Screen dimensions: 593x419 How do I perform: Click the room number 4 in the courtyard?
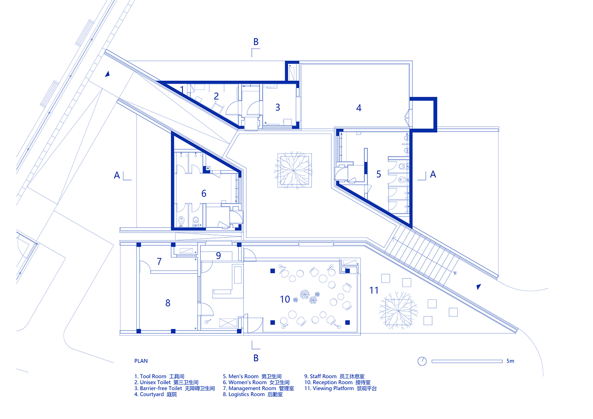(359, 108)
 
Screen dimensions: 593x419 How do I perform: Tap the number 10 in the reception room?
(285, 299)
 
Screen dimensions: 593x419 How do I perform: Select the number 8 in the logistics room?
(168, 303)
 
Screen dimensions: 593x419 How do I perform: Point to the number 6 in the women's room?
(204, 194)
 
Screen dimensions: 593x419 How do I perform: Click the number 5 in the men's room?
(379, 174)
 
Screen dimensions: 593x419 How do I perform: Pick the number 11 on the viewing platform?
(374, 290)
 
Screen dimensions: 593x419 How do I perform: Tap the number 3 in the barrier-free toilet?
(278, 107)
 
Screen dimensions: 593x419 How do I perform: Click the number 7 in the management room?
(159, 261)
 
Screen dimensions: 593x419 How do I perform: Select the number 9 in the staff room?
(218, 256)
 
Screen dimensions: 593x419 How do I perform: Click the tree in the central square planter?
(294, 170)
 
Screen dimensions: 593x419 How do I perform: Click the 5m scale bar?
(467, 361)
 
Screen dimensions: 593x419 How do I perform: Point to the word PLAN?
(141, 361)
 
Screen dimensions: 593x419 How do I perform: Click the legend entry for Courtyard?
(155, 395)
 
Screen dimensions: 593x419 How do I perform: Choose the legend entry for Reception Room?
(337, 383)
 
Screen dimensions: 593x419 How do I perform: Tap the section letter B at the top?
(256, 42)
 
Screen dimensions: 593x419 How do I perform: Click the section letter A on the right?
(433, 174)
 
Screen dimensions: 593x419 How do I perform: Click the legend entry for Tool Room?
(159, 376)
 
